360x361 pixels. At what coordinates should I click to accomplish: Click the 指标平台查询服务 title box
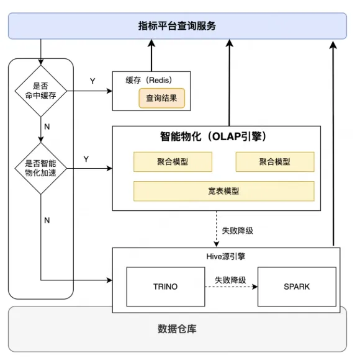(178, 26)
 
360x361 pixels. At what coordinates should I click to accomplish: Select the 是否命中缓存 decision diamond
(41, 91)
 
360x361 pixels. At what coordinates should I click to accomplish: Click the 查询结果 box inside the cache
(162, 97)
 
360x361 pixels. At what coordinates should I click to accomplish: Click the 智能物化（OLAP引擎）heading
(214, 136)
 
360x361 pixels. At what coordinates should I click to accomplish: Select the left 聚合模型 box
(173, 162)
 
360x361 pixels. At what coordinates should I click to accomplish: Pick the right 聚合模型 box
(274, 162)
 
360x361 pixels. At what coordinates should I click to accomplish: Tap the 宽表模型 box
(223, 191)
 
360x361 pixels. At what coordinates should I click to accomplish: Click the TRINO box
(165, 287)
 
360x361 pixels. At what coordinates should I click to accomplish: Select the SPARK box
(297, 287)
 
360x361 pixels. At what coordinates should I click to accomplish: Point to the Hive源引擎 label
(227, 255)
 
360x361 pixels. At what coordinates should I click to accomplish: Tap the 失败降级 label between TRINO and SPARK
(231, 280)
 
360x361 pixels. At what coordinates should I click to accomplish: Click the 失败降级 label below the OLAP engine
(237, 230)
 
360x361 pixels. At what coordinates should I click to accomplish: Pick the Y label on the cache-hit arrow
(92, 81)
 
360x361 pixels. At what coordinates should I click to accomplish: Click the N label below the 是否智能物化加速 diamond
(47, 220)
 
